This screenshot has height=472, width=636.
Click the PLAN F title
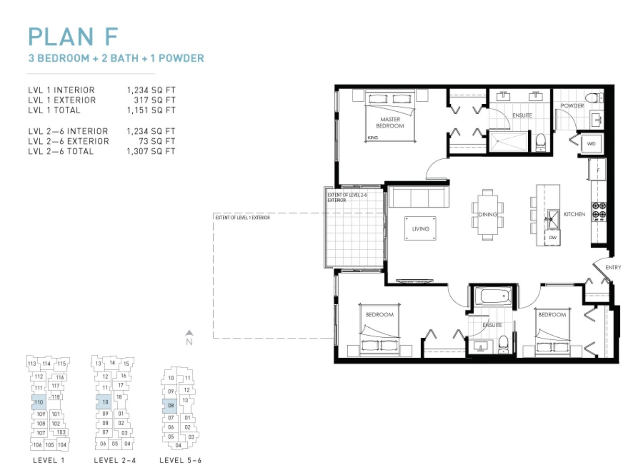pyautogui.click(x=73, y=37)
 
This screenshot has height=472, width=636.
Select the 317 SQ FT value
pyautogui.click(x=154, y=100)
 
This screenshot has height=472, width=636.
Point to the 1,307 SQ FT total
pyautogui.click(x=151, y=151)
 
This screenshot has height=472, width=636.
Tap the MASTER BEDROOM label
pyautogui.click(x=390, y=123)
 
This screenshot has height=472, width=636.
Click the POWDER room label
pyautogui.click(x=572, y=105)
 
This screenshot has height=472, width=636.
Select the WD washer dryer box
pyautogui.click(x=591, y=144)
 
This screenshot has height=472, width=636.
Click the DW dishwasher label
pyautogui.click(x=553, y=238)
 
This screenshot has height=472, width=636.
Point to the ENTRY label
pyautogui.click(x=613, y=267)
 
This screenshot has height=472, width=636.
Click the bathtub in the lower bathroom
pyautogui.click(x=493, y=296)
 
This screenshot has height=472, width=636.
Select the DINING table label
pyautogui.click(x=488, y=214)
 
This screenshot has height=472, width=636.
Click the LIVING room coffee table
pyautogui.click(x=421, y=228)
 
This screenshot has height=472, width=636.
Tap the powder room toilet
pyautogui.click(x=594, y=98)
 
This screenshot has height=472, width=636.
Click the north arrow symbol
pyautogui.click(x=189, y=333)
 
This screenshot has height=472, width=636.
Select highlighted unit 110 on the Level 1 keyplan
pyautogui.click(x=39, y=402)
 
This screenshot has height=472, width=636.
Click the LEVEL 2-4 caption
pyautogui.click(x=115, y=460)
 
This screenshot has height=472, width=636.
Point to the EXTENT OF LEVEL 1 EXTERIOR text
pyautogui.click(x=242, y=218)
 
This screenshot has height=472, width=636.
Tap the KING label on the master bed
pyautogui.click(x=373, y=137)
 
